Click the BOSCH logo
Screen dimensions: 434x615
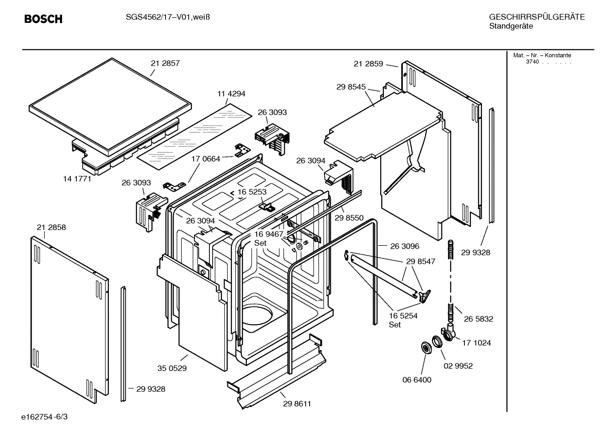[43, 19]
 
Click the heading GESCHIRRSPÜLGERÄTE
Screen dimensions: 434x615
[537, 17]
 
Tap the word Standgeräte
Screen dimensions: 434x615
[511, 26]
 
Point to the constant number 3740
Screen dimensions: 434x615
[532, 62]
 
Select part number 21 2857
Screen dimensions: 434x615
[165, 63]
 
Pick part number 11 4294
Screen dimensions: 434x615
[231, 94]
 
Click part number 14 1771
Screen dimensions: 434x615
[77, 179]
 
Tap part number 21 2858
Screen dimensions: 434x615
[51, 227]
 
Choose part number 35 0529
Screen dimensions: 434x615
[172, 368]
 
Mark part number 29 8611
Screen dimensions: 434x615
[297, 404]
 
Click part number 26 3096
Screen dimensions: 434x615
[404, 246]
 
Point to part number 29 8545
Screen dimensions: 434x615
[351, 87]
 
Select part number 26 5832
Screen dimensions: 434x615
[479, 319]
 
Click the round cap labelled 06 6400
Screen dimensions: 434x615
[426, 348]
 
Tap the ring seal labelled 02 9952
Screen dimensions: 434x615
[437, 342]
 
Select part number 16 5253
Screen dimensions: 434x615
[252, 192]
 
